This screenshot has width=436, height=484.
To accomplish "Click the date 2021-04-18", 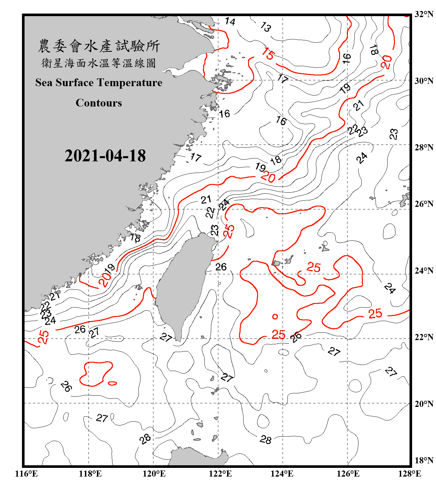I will click(105, 156).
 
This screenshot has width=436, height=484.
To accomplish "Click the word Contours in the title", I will click(99, 103).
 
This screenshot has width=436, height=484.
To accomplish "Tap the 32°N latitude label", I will click(424, 14).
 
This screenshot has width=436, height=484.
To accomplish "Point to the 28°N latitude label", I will click(424, 147).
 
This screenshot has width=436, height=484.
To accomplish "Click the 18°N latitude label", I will click(424, 460).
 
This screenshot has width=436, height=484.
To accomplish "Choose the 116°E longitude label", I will click(26, 474).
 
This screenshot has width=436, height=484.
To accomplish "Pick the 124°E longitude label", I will click(282, 474).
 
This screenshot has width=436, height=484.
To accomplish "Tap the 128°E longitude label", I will click(410, 474).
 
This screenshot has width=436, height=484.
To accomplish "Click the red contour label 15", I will click(268, 54).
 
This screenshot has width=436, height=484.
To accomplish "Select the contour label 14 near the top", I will click(230, 22).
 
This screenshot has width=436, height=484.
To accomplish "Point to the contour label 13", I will click(265, 27).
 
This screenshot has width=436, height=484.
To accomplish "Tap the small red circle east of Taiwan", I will click(275, 317).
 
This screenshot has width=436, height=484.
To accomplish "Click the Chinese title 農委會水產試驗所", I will click(99, 46).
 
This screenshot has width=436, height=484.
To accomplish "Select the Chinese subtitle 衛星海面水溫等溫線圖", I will click(99, 63).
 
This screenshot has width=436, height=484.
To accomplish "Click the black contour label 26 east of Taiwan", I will click(221, 267).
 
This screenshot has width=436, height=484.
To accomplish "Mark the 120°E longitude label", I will click(154, 474).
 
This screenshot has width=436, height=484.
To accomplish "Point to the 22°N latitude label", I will click(424, 337).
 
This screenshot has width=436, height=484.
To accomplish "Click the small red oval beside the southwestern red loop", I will click(112, 383).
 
